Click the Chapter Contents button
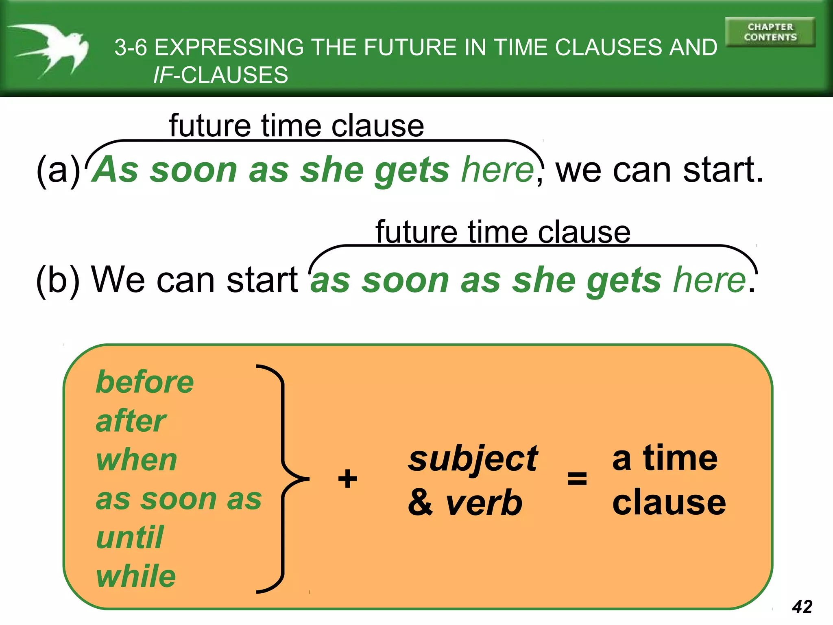[770, 32]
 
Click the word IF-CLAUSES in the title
[220, 75]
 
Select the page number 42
[802, 607]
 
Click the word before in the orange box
[145, 382]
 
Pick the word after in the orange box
[131, 421]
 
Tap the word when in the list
[137, 460]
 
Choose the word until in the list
[130, 538]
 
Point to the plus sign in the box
[347, 479]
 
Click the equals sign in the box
[577, 479]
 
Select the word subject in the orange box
[473, 459]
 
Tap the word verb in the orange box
[484, 503]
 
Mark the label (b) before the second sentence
[58, 280]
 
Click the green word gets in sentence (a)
[412, 170]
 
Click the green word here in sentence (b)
[709, 280]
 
